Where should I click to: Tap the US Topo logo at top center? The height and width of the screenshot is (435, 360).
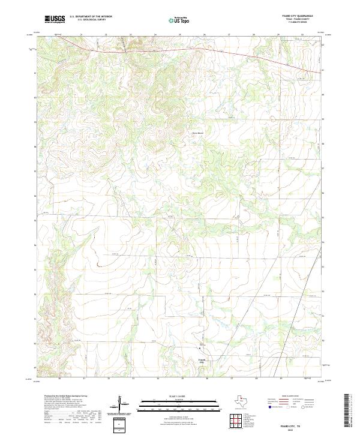(x=179, y=19)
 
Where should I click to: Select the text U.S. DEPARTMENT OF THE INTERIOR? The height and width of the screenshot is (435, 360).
(x=91, y=17)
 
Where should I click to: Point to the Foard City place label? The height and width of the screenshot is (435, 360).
(x=202, y=361)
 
